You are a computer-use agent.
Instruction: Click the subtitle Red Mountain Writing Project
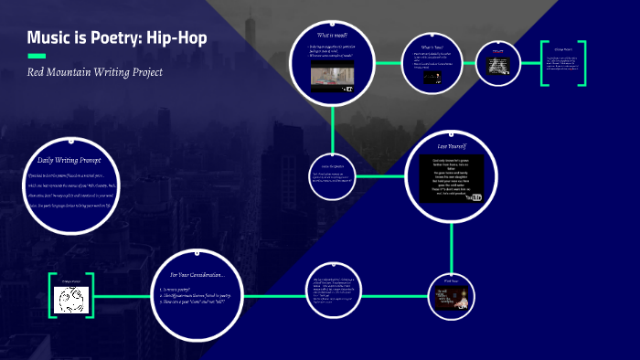point(94,71)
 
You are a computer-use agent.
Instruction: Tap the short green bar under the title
point(39,56)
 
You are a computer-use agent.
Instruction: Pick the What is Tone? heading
point(432,47)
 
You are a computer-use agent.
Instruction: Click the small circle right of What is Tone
point(498,62)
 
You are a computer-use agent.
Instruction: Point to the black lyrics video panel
point(453,178)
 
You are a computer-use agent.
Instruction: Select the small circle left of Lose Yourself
point(331,174)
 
